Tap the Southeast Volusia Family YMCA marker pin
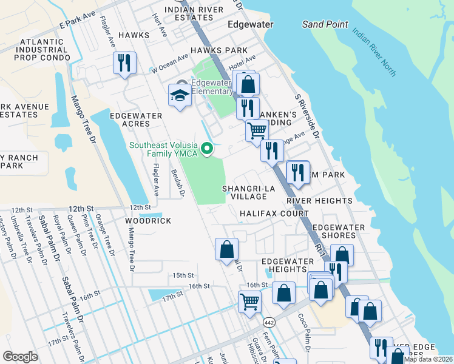pyautogui.click(x=208, y=147)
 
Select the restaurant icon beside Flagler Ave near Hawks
pyautogui.click(x=124, y=62)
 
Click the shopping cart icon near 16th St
pyautogui.click(x=250, y=301)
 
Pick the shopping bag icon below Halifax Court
pyautogui.click(x=226, y=249)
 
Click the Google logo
pyautogui.click(x=20, y=357)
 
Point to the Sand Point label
pyautogui.click(x=325, y=24)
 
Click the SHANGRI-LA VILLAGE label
pyautogui.click(x=249, y=192)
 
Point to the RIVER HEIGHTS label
pyautogui.click(x=319, y=200)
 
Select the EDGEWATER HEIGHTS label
pyautogui.click(x=283, y=265)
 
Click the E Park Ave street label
pyautogui.click(x=79, y=24)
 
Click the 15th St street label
pyautogui.click(x=182, y=275)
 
